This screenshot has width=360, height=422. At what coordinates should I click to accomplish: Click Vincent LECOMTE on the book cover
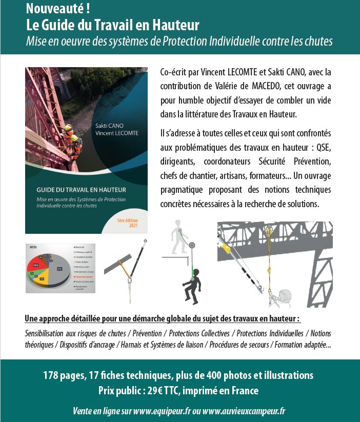pyautogui.click(x=117, y=133)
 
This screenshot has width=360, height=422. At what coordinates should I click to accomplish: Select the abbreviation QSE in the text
pyautogui.click(x=323, y=148)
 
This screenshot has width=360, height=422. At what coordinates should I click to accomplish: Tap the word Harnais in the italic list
pyautogui.click(x=131, y=345)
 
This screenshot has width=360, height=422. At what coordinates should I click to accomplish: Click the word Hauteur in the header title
pyautogui.click(x=174, y=25)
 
